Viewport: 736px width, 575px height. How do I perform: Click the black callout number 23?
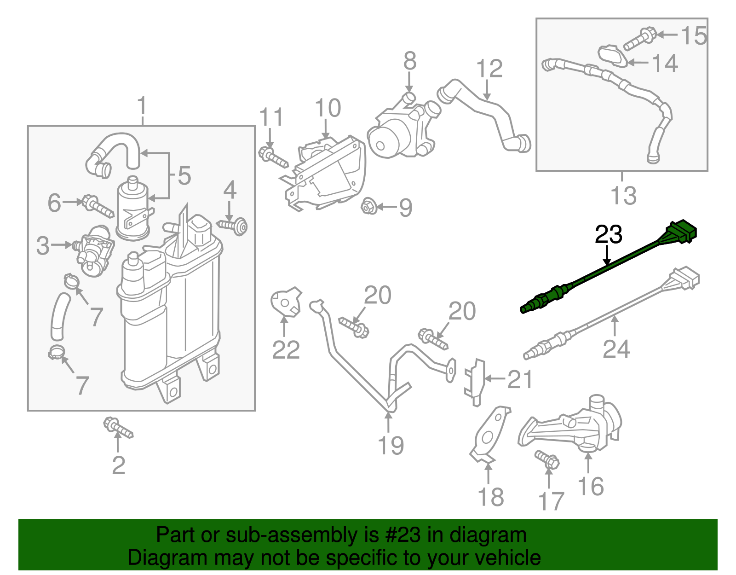tap(608, 235)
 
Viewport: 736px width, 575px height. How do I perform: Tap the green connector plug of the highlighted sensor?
tap(681, 232)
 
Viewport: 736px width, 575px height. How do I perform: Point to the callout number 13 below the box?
tap(623, 196)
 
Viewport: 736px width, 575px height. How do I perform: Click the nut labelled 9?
tap(369, 206)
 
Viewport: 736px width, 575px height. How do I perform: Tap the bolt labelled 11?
tap(273, 157)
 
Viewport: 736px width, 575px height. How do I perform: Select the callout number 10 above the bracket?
tap(328, 108)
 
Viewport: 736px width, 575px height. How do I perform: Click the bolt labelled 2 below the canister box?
tap(118, 428)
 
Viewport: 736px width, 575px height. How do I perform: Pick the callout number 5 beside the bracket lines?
tap(184, 176)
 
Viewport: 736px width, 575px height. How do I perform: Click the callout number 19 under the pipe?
tap(391, 445)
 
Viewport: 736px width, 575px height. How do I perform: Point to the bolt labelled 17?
tap(547, 459)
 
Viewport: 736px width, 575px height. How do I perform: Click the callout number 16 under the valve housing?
tap(591, 486)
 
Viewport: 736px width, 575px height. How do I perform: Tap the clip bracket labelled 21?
tap(475, 382)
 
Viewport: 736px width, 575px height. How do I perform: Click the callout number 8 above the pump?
tap(410, 61)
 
